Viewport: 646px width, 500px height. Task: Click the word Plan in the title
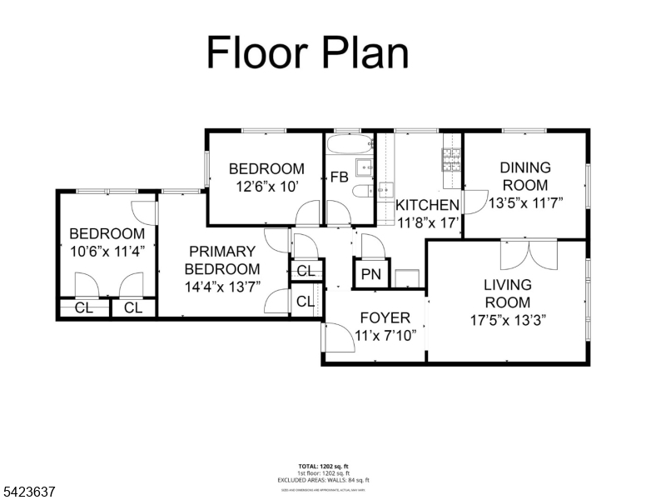[355, 52]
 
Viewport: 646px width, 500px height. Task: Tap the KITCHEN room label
[427, 205]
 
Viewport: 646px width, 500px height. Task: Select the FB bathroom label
[339, 177]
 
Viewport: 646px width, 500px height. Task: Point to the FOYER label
[385, 318]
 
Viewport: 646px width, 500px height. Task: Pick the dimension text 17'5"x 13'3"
[508, 319]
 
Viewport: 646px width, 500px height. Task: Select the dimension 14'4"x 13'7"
[221, 286]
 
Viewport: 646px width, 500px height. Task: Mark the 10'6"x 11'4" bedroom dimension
[107, 250]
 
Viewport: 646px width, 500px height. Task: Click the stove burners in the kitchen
[450, 158]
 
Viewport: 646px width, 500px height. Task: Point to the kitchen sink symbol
[385, 191]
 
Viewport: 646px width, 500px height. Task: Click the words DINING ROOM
[525, 177]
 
